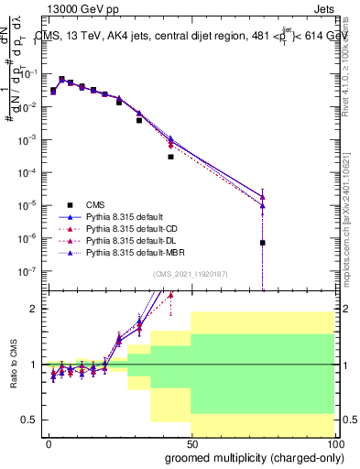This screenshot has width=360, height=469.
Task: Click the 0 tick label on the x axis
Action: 49,442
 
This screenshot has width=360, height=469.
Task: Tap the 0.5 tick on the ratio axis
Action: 30,420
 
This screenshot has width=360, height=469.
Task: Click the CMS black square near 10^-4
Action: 170,157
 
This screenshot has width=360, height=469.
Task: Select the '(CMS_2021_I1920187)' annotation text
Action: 189,274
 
